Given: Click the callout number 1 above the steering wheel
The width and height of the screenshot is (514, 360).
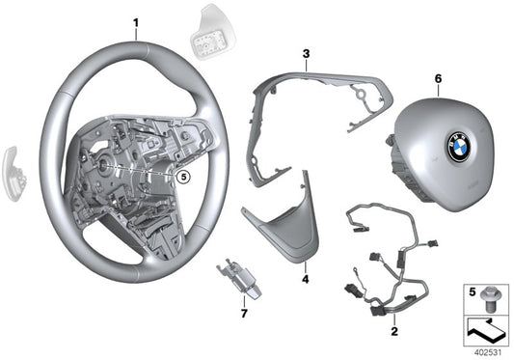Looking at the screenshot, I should point(136,22).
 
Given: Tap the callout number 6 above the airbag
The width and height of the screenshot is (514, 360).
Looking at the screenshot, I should point(439,77).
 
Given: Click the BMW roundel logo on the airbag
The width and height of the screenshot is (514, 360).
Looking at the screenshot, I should point(457,146).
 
